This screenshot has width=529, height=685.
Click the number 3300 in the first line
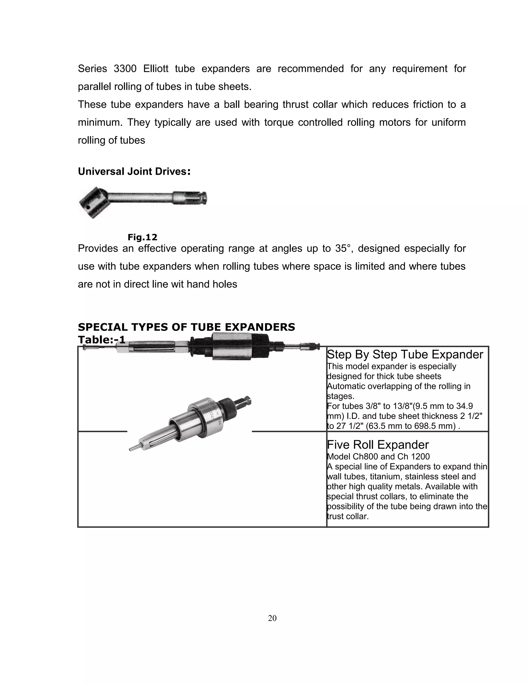[125, 69]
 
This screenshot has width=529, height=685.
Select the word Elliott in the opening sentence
[156, 69]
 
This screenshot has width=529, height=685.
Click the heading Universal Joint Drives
[134, 172]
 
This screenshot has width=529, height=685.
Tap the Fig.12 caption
[142, 237]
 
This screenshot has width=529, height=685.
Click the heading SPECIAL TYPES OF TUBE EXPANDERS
[186, 327]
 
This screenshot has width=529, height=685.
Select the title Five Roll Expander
[378, 445]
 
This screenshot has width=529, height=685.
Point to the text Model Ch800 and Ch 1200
[378, 457]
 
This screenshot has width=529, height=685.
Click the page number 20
[272, 618]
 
